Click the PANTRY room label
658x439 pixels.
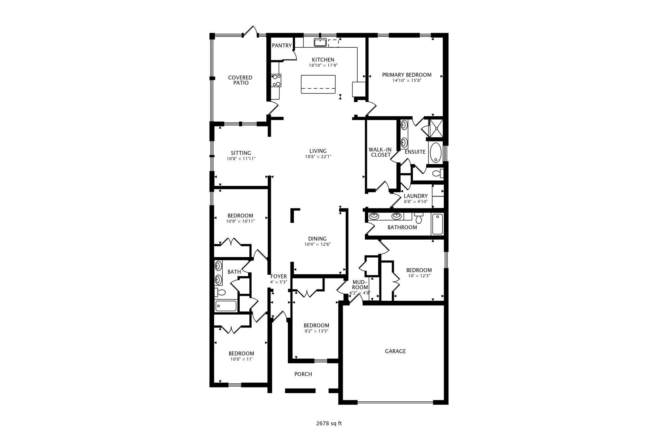281,46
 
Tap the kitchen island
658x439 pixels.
318,84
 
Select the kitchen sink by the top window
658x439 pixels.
320,42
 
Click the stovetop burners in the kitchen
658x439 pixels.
276,80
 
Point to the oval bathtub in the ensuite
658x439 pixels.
435,153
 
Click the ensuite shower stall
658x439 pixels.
436,128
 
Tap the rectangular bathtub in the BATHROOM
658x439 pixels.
437,224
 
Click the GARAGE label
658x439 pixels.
395,351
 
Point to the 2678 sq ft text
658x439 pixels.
329,423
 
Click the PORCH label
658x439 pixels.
303,374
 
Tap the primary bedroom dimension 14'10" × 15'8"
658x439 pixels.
406,81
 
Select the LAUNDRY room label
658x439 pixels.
415,196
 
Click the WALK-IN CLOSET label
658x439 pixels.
380,152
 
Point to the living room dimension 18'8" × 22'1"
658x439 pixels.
318,157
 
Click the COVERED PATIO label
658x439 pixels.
240,80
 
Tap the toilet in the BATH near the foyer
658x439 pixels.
221,293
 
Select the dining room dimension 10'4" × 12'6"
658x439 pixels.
317,244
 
